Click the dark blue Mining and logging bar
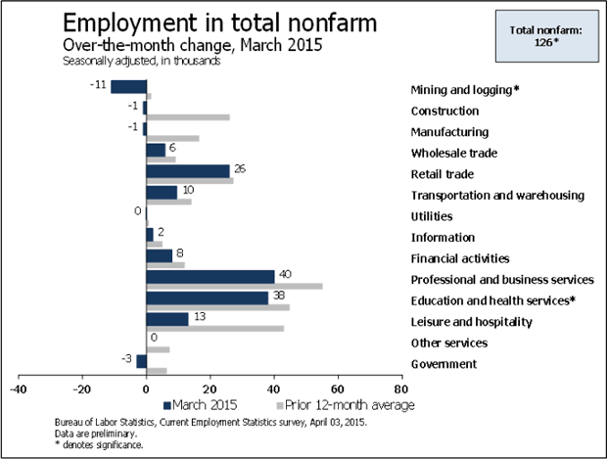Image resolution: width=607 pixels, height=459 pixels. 127,86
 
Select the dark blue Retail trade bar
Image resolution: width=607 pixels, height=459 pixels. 187,171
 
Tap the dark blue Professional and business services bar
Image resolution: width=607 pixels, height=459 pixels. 210,276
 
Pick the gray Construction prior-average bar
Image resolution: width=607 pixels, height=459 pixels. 188,117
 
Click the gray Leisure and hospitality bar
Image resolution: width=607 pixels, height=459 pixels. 214,328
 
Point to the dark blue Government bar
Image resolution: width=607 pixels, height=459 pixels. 141,361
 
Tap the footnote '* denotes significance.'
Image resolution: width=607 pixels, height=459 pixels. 100,445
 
